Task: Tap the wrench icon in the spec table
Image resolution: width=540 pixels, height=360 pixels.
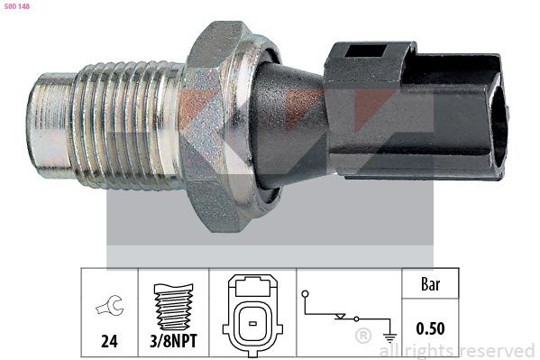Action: click(108, 308)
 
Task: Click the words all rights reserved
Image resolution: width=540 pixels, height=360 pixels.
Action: click(457, 350)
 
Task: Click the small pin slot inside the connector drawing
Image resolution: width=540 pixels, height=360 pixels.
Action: click(254, 321)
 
